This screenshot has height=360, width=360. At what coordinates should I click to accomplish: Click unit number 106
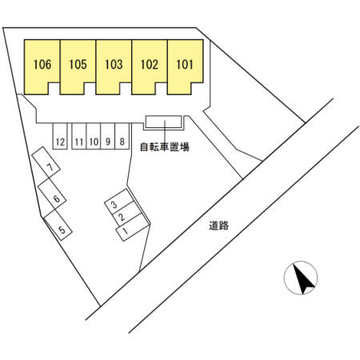[42, 65]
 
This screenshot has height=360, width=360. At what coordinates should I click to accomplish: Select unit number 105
[78, 65]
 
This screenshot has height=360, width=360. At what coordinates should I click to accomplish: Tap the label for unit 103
[114, 65]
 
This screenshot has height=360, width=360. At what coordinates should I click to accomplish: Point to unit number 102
[150, 65]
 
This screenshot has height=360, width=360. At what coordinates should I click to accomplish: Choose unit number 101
[185, 65]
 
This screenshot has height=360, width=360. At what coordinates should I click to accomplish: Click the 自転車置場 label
[165, 147]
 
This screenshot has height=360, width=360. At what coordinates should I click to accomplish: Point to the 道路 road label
[218, 226]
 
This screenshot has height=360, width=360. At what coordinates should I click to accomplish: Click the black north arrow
[303, 278]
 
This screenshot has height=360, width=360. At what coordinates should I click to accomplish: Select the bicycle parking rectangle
[163, 122]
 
